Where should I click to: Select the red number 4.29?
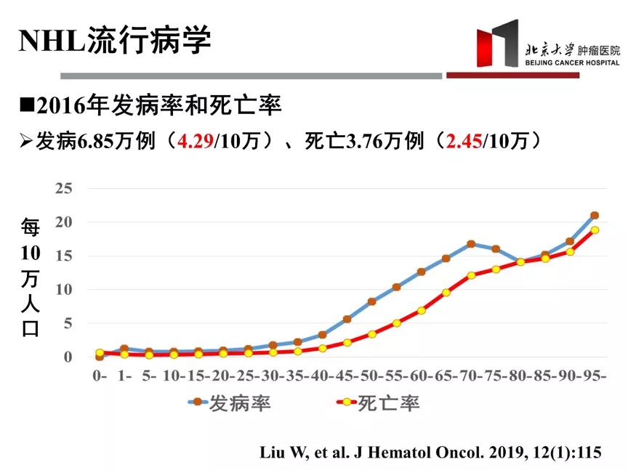[x=196, y=141]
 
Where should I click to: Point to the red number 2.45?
[x=464, y=141]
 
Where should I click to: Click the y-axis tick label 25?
[x=63, y=188]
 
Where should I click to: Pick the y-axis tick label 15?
[x=63, y=256]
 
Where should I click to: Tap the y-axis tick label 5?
[x=68, y=323]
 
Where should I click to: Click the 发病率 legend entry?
[x=230, y=403]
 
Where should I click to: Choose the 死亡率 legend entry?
[x=378, y=403]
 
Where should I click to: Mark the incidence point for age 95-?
[x=595, y=216]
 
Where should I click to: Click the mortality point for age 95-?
[x=595, y=230]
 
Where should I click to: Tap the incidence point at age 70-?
[x=471, y=244]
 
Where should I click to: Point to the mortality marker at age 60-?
[x=422, y=310]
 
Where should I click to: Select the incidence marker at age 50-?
[x=371, y=301]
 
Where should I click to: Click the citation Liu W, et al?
[x=430, y=452]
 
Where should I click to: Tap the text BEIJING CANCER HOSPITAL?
[x=572, y=62]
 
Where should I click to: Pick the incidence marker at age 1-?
[x=124, y=349]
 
